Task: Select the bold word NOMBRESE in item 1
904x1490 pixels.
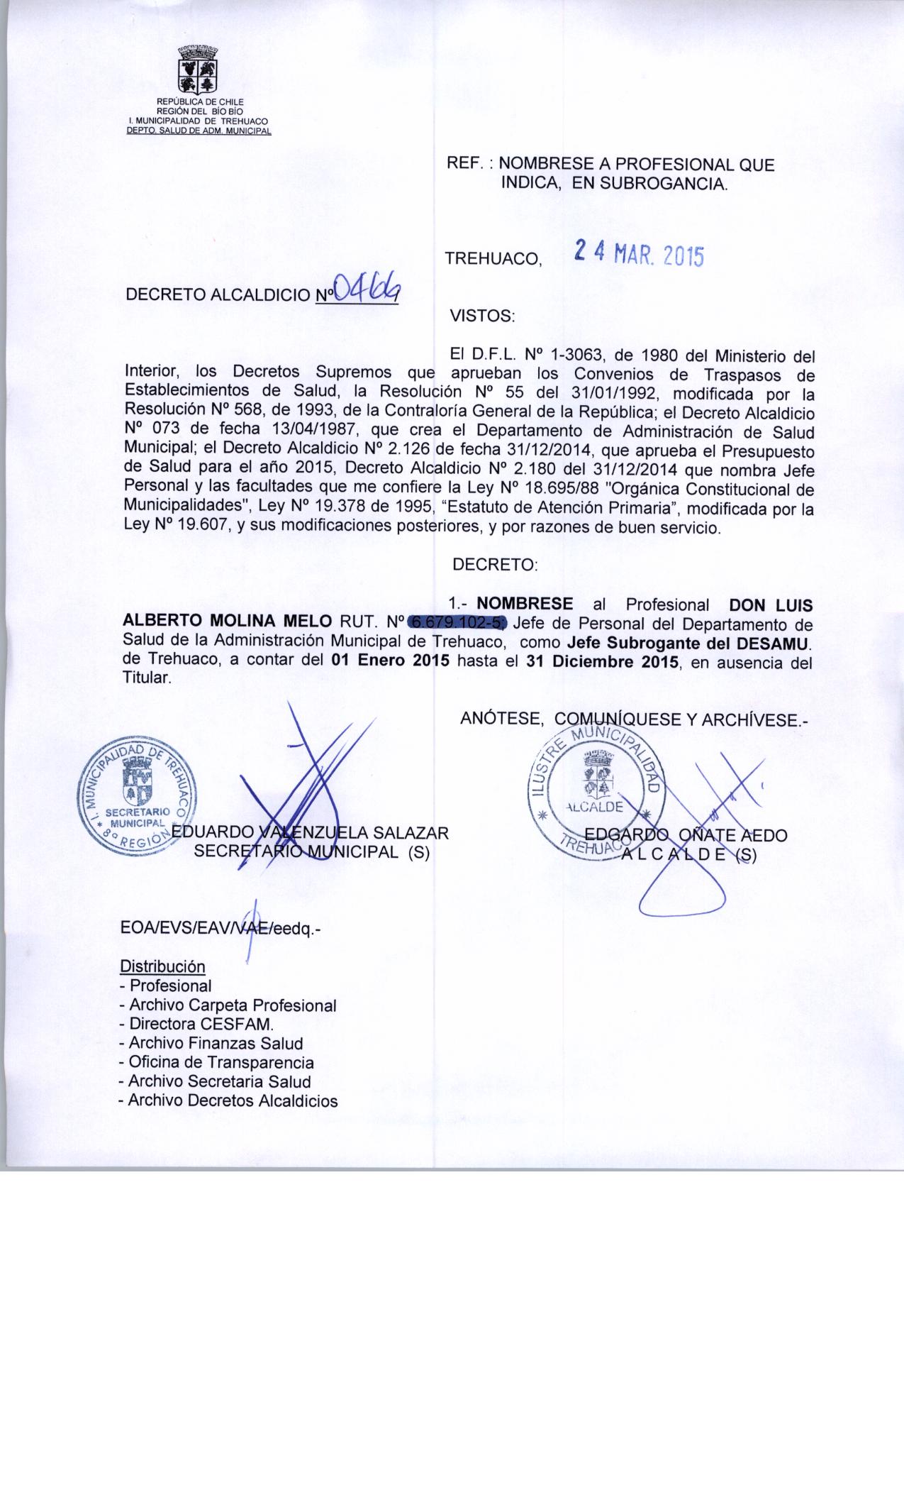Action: pyautogui.click(x=525, y=604)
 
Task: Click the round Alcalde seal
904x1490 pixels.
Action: pyautogui.click(x=597, y=795)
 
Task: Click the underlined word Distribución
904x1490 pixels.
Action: pyautogui.click(x=163, y=966)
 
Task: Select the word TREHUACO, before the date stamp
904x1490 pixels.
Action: pyautogui.click(x=493, y=259)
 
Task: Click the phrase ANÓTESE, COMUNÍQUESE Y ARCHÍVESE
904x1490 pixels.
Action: pyautogui.click(x=635, y=719)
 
